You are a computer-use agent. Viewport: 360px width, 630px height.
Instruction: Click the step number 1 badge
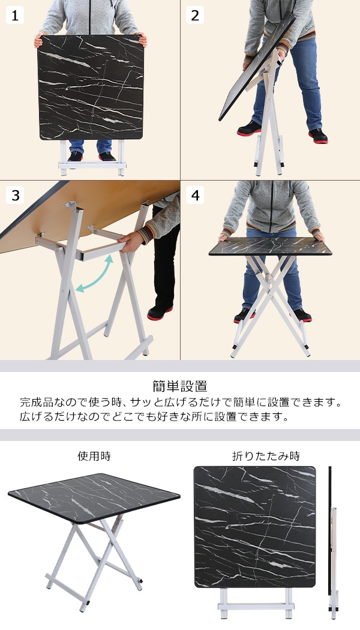pos(15,15)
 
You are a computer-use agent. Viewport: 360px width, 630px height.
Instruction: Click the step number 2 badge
pos(195,15)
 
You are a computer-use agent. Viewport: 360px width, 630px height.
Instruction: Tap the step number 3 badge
pos(15,195)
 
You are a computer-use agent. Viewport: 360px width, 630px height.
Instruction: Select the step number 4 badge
pos(195,195)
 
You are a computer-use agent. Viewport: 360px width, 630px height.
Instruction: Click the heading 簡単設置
pos(180,386)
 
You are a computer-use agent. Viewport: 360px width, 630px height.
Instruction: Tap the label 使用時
pos(94,456)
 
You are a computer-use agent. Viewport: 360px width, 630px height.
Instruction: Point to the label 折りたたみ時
pos(266,456)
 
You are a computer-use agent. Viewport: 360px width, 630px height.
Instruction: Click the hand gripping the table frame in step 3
pos(130,242)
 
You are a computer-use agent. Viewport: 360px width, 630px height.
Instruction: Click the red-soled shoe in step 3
pos(160,313)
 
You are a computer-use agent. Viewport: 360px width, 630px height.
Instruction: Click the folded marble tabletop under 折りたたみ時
pos(255,527)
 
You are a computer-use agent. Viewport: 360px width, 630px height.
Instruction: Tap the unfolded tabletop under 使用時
pos(94,498)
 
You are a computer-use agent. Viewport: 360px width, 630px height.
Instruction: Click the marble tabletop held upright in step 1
pos(91,87)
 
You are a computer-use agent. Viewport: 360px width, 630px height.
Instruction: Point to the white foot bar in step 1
pos(92,165)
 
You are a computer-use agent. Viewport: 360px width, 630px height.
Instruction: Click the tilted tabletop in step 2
pos(256,67)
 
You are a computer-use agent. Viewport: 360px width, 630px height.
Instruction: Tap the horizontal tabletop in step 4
pos(270,246)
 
